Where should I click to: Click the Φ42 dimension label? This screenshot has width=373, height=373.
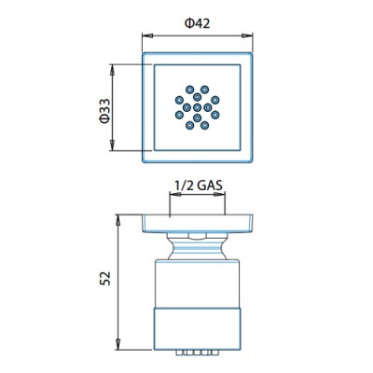198,23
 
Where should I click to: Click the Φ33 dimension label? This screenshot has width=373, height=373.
105,111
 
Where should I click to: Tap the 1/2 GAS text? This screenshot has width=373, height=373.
199,186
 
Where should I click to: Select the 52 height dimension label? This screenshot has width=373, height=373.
105,278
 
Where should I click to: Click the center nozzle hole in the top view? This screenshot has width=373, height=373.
197,107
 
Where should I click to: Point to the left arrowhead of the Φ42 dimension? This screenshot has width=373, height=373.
147,35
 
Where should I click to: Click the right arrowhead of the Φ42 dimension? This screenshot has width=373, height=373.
247,35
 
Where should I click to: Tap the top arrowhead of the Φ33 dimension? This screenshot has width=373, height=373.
112,70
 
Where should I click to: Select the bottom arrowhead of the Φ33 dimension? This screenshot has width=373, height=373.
112,145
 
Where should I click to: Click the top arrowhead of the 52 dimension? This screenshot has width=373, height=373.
118,220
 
